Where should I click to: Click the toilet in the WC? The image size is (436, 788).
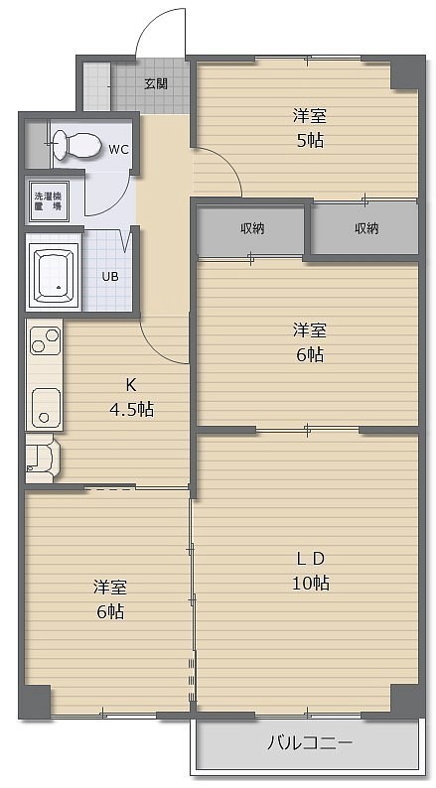point(74,145)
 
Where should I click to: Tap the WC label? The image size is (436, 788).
point(118,149)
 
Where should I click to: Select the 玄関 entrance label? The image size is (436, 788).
point(156,84)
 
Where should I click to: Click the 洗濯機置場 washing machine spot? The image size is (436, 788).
point(49,201)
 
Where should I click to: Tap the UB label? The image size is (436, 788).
point(110,276)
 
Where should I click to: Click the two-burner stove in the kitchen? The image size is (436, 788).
point(46,340)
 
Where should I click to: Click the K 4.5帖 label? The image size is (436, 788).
point(131,398)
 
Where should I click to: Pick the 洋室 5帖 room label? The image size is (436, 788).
point(309,128)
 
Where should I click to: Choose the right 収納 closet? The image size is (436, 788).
point(365,228)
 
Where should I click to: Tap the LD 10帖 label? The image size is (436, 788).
point(311,571)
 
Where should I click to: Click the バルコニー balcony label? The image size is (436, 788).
point(309,742)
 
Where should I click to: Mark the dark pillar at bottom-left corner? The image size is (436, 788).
point(35,701)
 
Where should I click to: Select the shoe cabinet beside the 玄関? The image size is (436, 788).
point(96,86)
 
